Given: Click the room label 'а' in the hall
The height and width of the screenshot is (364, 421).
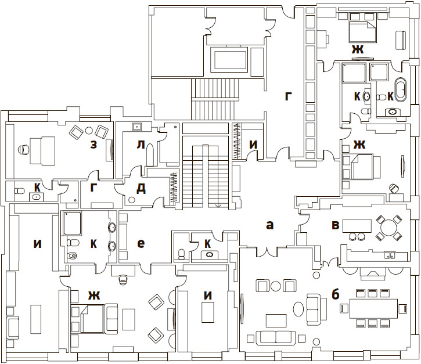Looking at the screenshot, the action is (x=269, y=225).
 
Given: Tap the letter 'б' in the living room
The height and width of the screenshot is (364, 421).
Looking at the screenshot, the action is (x=335, y=294).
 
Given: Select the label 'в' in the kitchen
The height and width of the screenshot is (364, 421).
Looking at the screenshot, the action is (x=336, y=225).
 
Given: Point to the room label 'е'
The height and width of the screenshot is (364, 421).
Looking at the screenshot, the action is (x=141, y=243).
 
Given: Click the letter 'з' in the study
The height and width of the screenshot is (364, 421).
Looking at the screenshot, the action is (x=93, y=145).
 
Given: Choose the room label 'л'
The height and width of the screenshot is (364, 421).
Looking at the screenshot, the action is (x=141, y=145).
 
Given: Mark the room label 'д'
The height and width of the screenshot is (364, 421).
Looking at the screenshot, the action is (x=141, y=189).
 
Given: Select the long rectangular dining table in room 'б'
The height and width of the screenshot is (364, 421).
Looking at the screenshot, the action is (x=373, y=308).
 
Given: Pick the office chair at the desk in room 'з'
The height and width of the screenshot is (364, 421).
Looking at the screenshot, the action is (x=24, y=150).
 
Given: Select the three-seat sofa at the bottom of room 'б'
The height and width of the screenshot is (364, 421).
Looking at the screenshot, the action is (x=276, y=338).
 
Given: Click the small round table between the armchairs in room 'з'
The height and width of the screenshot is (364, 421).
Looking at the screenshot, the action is (x=89, y=131).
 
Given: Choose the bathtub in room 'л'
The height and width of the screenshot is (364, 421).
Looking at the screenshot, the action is (x=150, y=155).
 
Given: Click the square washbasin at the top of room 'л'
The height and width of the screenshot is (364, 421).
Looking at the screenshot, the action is (x=136, y=126).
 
